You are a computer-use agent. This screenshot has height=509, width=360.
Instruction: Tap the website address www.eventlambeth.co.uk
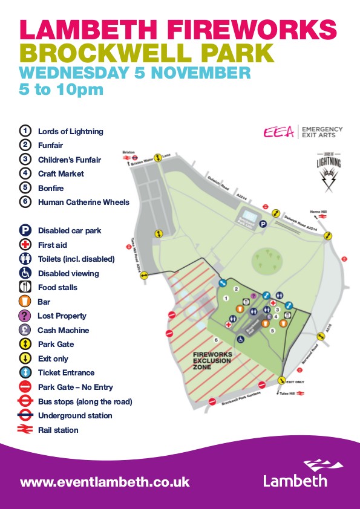[x=105, y=482]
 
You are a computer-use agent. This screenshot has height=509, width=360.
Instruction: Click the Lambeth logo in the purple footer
[x=295, y=473]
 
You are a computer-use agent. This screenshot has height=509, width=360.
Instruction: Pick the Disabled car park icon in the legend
[x=25, y=230]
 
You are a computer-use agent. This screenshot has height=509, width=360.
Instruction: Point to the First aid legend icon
[x=25, y=245]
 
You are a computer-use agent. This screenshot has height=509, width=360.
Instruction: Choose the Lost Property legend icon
[x=25, y=316]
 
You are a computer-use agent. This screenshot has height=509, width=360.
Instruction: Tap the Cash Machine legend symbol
[x=25, y=330]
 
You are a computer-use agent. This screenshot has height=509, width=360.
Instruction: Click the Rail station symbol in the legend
[x=25, y=430]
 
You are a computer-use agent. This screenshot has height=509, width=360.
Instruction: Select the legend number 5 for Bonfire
[x=25, y=188]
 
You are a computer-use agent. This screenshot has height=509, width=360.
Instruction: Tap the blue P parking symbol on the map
[x=263, y=224]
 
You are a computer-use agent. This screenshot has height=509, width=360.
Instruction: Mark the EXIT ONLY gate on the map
[x=282, y=380]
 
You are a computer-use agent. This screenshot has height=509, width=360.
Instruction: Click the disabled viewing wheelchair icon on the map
[x=240, y=339]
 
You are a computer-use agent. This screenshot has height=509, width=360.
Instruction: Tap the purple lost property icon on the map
[x=254, y=296]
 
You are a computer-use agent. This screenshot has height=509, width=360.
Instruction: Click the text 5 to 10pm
[x=61, y=89]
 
